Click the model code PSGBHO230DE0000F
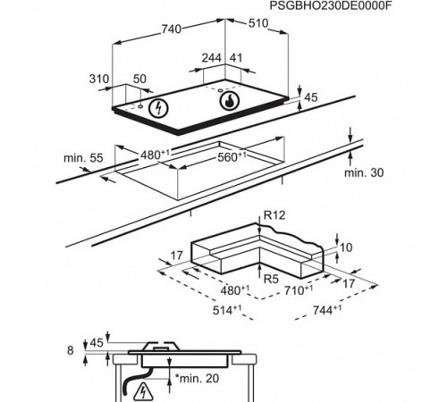coord(330,5)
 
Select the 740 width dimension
coord(172,29)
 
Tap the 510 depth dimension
coord(258,23)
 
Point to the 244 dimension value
coord(212,58)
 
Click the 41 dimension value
coord(236,58)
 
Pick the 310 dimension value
coord(99,79)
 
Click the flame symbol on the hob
coord(229,100)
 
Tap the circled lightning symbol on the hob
coord(158,107)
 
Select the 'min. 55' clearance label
coord(83,158)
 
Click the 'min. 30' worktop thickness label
coord(364,172)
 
